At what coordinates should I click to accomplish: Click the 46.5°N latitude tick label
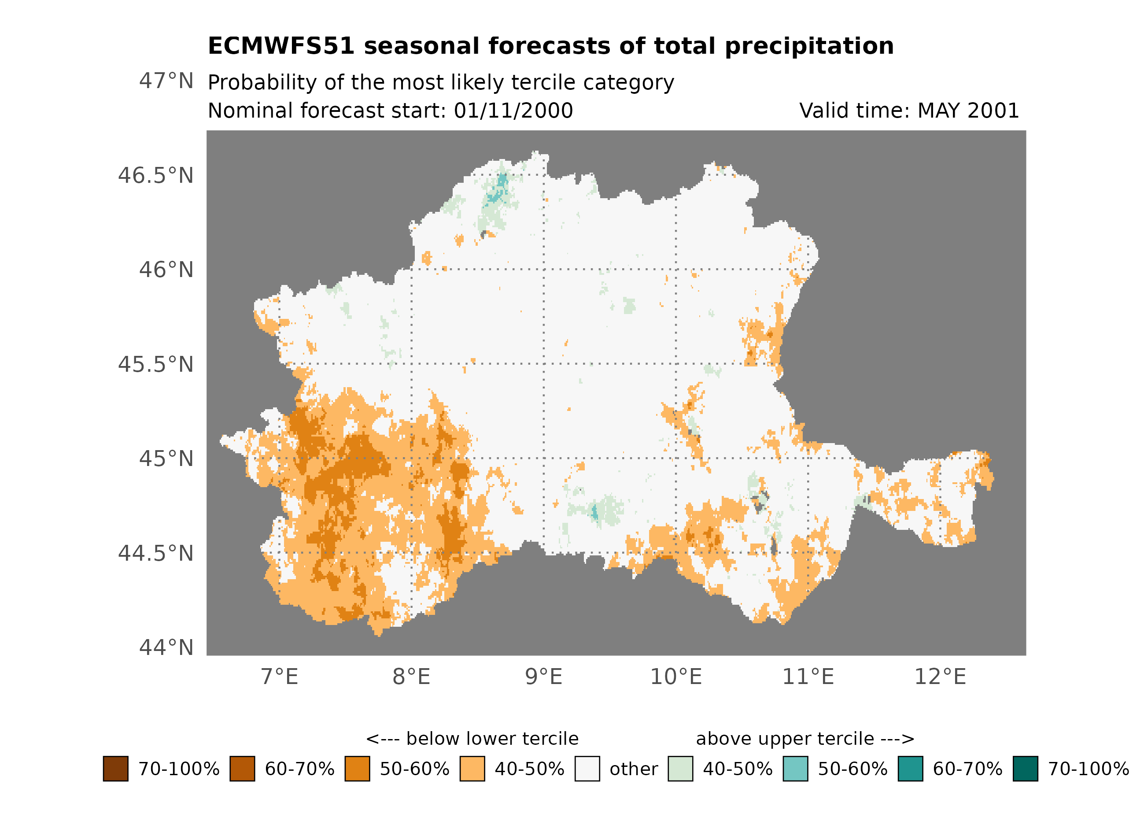coord(155,176)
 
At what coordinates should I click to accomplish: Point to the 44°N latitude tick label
coord(166,648)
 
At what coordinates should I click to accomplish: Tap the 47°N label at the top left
coord(166,81)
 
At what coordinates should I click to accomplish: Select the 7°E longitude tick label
coord(280,677)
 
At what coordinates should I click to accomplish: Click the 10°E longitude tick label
coord(676,677)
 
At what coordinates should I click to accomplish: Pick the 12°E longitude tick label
coord(940,677)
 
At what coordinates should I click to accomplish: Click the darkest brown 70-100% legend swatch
coord(115,769)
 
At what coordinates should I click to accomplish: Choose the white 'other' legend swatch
coord(587,769)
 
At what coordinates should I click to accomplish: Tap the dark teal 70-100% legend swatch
coord(1026,769)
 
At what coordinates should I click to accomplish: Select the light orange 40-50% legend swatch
coord(472,769)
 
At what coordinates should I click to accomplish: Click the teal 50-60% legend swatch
coord(795,769)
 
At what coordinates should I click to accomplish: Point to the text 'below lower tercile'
coord(492,739)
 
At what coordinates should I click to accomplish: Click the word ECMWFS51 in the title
coord(281,46)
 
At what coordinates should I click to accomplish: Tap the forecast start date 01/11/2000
coord(513,111)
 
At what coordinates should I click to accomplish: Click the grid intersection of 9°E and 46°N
coord(544,270)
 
